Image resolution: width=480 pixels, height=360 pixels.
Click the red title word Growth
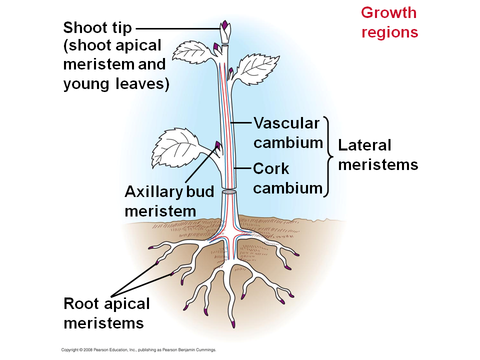[388, 12]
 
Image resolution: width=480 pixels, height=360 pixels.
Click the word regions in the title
[389, 32]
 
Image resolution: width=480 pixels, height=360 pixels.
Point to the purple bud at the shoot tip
[225, 24]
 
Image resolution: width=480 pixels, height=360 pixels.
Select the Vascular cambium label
[286, 132]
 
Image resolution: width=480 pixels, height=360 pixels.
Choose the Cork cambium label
[287, 178]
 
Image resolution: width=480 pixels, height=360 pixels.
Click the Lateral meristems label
[377, 154]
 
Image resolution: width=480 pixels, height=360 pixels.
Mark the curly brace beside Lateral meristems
[328, 155]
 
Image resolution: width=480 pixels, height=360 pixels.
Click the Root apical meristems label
[106, 313]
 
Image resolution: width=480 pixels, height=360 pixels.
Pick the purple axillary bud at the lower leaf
[217, 145]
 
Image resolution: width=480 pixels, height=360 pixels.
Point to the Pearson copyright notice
[138, 350]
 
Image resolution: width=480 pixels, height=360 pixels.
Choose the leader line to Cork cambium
[242, 169]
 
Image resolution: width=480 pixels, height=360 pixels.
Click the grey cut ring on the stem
[229, 191]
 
